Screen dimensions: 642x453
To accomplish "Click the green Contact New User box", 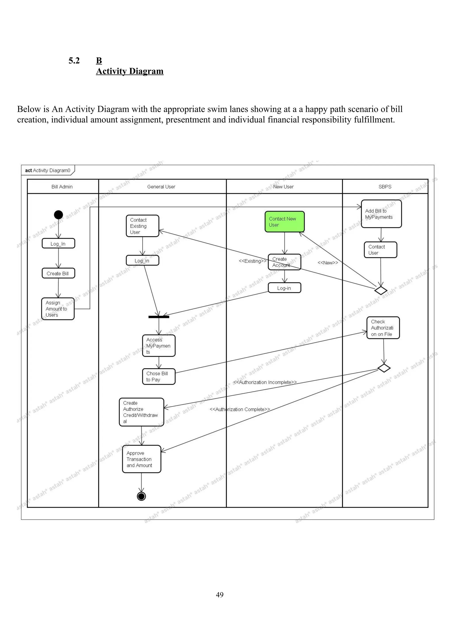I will click(284, 222).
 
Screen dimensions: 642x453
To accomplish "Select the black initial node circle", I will click(58, 215).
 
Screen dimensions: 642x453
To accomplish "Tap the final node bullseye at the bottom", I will click(142, 496).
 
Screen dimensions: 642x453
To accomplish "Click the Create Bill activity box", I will click(58, 273).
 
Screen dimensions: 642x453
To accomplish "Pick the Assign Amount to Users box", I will click(58, 309).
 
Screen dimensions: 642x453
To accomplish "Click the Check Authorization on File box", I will click(383, 328).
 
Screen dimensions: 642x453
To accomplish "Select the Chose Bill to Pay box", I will click(159, 376).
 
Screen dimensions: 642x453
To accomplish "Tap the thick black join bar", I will click(159, 317).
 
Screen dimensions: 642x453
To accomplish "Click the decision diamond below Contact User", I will click(381, 290).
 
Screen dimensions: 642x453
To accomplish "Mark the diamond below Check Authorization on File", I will click(384, 368).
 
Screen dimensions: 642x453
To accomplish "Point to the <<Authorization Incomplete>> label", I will click(265, 382).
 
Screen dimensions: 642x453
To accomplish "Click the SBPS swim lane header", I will click(385, 187).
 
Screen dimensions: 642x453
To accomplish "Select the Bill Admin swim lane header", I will click(62, 187).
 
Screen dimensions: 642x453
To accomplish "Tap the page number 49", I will click(220, 595).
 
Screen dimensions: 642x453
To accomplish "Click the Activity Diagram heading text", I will click(130, 71).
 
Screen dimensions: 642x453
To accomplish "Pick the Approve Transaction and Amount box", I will click(142, 459).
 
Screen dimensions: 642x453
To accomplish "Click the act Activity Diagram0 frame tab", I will click(48, 170).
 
